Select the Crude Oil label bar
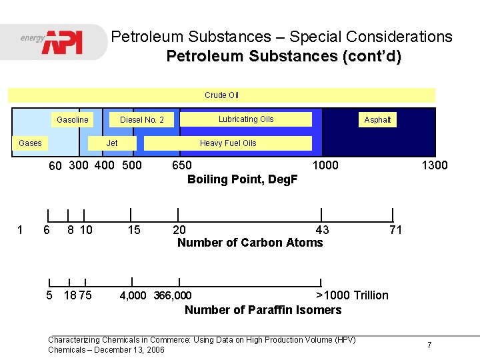click(x=221, y=95)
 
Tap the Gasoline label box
click(x=72, y=120)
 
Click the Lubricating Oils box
click(x=246, y=119)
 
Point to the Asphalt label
click(x=377, y=120)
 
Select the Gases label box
click(x=30, y=143)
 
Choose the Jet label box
click(x=112, y=143)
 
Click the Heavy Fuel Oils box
click(x=228, y=143)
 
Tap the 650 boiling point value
click(x=182, y=165)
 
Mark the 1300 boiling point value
click(x=434, y=165)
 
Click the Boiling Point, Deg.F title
click(x=243, y=179)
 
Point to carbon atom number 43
click(x=322, y=230)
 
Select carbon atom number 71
click(x=395, y=230)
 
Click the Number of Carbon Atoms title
click(x=250, y=243)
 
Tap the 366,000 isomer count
click(x=173, y=295)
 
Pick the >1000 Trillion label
click(x=352, y=295)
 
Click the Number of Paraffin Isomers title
click(x=263, y=309)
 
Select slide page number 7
click(x=429, y=345)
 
